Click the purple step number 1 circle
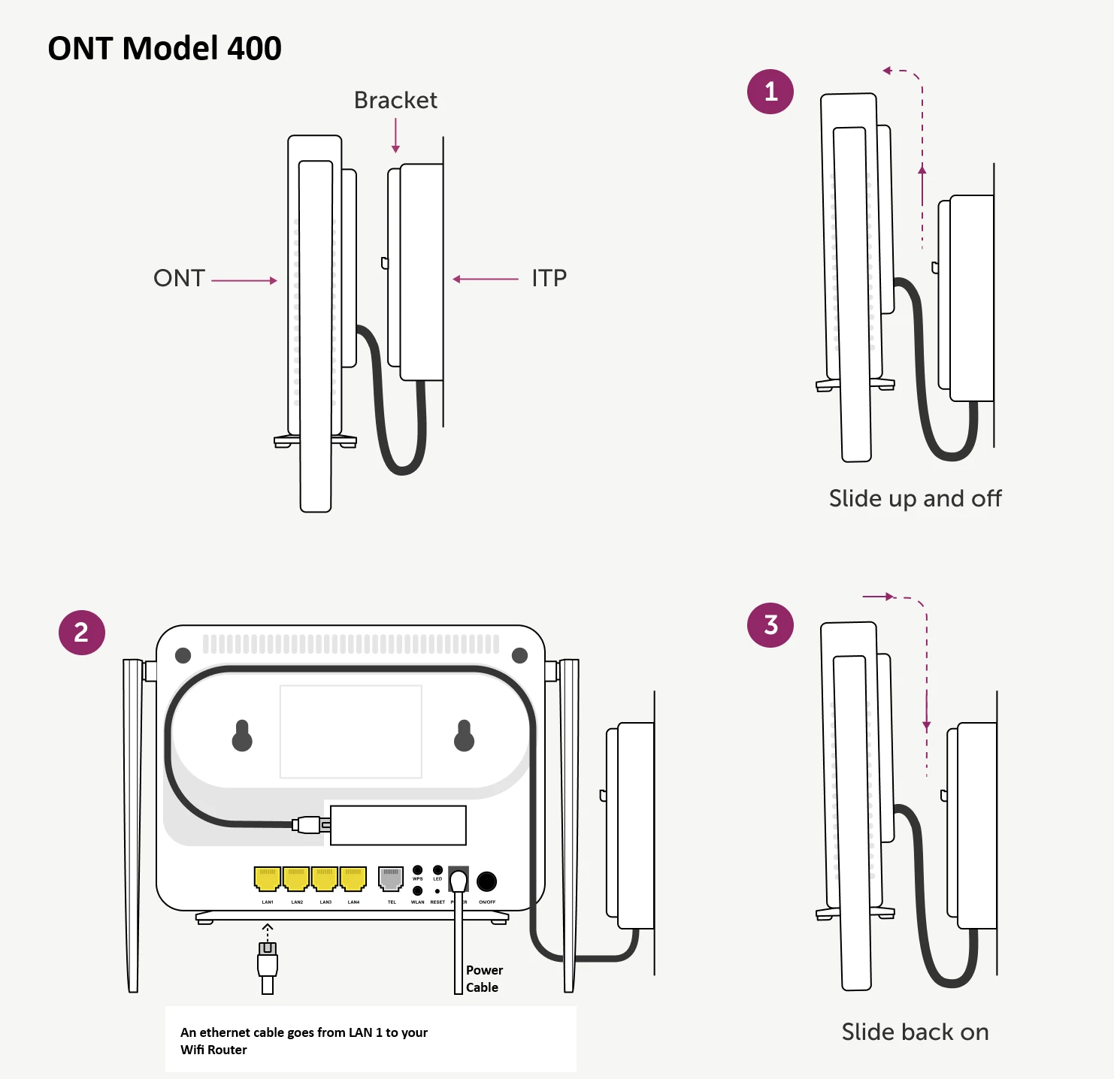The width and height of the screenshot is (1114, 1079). pos(770,92)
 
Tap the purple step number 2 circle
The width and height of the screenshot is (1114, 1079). pos(81,633)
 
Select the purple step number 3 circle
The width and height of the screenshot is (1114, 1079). pos(770,625)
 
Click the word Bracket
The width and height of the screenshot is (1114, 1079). pos(395,100)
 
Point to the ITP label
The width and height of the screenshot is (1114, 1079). pos(549,278)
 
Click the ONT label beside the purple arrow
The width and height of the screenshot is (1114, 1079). pos(179,278)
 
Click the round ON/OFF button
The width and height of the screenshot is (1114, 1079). pos(487,881)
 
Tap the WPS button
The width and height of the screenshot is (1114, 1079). pos(418,870)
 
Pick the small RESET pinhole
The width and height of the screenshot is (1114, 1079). pos(437,891)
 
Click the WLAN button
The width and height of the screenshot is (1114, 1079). pos(418,890)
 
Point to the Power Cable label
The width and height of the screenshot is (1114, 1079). pos(483,979)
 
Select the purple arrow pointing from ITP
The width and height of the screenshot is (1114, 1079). pos(486,279)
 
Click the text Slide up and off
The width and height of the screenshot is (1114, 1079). pos(915,499)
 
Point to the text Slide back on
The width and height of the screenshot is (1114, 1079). pos(915,1032)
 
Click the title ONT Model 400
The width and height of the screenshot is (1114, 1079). pos(165,49)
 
